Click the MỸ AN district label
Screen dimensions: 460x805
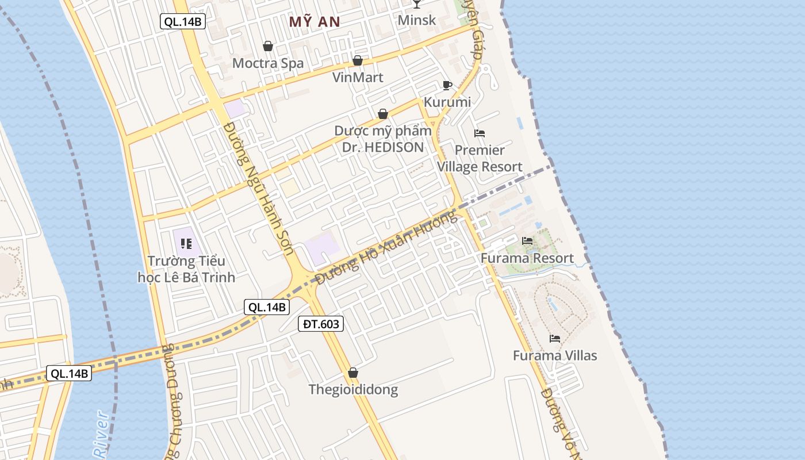pyautogui.click(x=315, y=22)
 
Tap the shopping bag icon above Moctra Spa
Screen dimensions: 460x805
pyautogui.click(x=267, y=46)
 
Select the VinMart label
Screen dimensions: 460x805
pyautogui.click(x=358, y=77)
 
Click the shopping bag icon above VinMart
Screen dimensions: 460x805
pyautogui.click(x=358, y=60)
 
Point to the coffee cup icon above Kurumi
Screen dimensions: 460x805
pyautogui.click(x=447, y=86)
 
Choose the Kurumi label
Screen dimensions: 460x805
pyautogui.click(x=447, y=102)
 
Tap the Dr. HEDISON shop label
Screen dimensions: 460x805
pyautogui.click(x=382, y=139)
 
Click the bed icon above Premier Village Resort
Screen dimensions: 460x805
pyautogui.click(x=480, y=133)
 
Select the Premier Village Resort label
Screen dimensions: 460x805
pyautogui.click(x=480, y=158)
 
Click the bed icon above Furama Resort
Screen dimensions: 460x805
pyautogui.click(x=527, y=241)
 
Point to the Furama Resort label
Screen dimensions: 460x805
pyautogui.click(x=527, y=258)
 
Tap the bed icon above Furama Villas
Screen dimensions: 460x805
pyautogui.click(x=555, y=339)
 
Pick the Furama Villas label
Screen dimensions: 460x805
pyautogui.click(x=555, y=355)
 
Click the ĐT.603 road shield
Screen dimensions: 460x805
pyautogui.click(x=321, y=324)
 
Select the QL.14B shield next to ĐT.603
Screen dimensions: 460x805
pyautogui.click(x=266, y=307)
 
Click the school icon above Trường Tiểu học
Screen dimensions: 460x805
pyautogui.click(x=186, y=244)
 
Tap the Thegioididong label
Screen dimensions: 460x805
pyautogui.click(x=353, y=390)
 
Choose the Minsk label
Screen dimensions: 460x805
pyautogui.click(x=417, y=20)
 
